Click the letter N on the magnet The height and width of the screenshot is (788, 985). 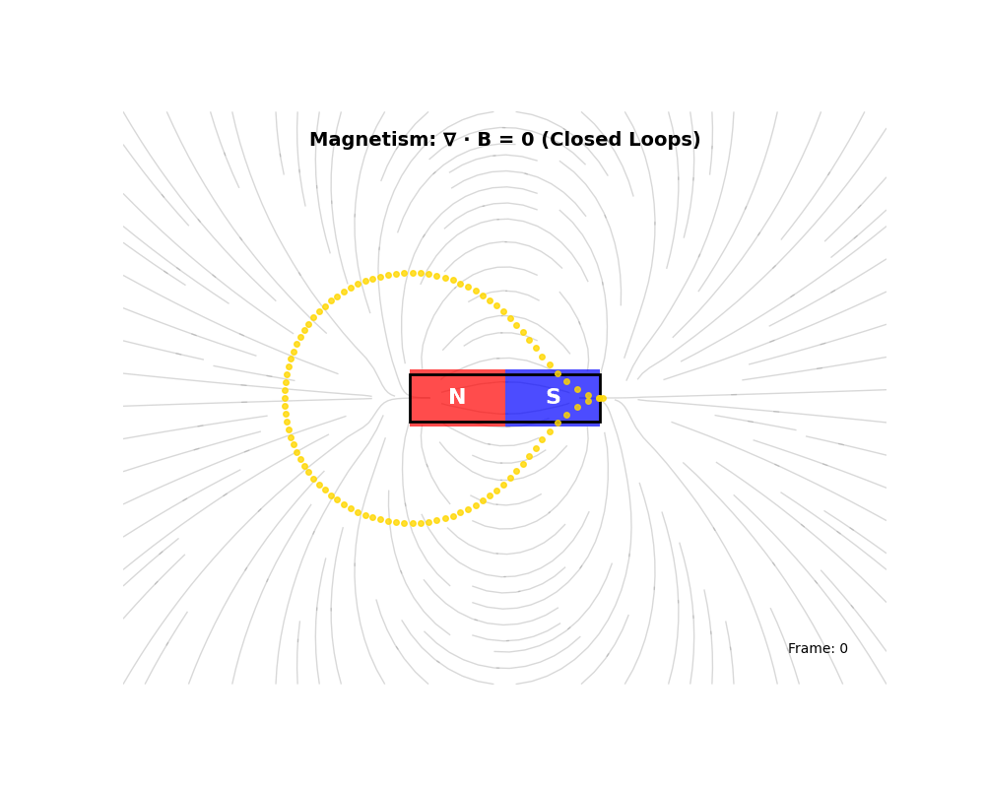tap(457, 397)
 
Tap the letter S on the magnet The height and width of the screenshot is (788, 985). tap(553, 397)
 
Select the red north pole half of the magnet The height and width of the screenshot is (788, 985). tap(457, 398)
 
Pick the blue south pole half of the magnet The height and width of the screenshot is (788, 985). tap(553, 398)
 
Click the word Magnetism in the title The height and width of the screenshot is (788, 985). tap(372, 140)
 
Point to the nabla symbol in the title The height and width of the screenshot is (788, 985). tap(450, 140)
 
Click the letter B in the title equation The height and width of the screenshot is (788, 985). tap(484, 140)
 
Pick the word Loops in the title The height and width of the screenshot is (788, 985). tap(662, 140)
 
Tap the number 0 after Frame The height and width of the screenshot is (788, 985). tap(844, 648)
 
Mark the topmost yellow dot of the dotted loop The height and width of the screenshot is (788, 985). tap(413, 274)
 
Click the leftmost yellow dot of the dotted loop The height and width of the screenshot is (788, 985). tap(286, 398)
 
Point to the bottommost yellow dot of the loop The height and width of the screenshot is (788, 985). tap(413, 523)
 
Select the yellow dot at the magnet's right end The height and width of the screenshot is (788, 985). tap(601, 398)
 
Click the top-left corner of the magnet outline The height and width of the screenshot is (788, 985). tap(410, 374)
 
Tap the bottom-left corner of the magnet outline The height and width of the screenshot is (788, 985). tap(410, 422)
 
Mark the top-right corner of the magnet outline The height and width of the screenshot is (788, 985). tap(600, 374)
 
